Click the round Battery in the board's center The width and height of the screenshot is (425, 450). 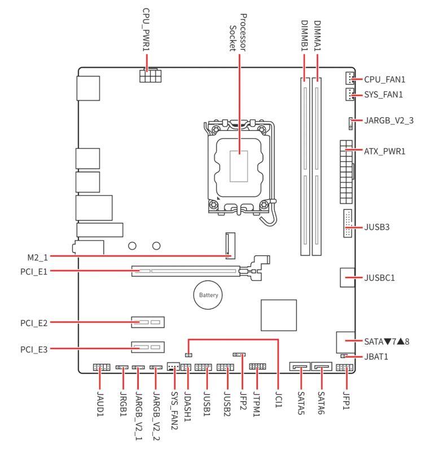pyautogui.click(x=207, y=295)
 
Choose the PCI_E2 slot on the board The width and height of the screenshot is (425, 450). pyautogui.click(x=148, y=323)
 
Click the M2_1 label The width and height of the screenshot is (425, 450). pyautogui.click(x=38, y=257)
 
